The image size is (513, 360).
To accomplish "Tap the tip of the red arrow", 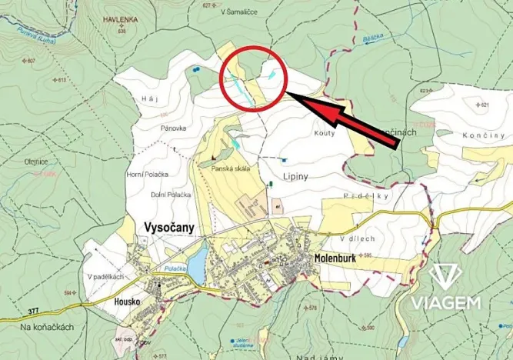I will tap(290, 95).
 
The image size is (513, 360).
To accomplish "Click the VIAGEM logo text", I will tap(455, 302).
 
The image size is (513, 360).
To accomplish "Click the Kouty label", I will tap(323, 134).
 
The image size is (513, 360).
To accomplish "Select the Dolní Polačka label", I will tap(170, 194).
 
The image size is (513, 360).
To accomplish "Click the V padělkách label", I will tap(106, 276).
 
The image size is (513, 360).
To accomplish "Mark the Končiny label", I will tap(483, 135).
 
